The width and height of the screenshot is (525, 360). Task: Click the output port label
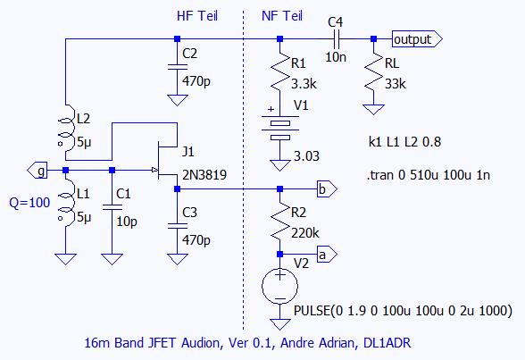[417, 39]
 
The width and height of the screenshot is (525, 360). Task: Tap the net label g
[37, 171]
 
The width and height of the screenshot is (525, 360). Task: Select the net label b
[327, 189]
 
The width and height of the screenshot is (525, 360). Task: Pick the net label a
[327, 255]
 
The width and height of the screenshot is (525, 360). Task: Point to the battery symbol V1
[280, 129]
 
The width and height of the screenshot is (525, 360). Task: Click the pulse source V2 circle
[280, 287]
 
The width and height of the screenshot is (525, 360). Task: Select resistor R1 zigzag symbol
[280, 71]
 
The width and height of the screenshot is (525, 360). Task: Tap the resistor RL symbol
[373, 71]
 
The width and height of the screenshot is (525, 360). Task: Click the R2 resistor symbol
[280, 221]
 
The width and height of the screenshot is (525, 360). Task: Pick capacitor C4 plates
[336, 39]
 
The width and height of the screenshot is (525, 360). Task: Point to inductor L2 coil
[66, 131]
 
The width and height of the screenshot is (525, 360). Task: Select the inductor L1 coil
[66, 203]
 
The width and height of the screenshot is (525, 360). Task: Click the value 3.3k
[304, 84]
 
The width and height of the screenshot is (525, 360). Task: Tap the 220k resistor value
[305, 233]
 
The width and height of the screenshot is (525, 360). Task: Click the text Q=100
[29, 203]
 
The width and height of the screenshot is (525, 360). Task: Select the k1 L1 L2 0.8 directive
[404, 142]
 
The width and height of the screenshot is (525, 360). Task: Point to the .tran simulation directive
[429, 175]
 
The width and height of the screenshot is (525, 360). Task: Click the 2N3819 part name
[204, 175]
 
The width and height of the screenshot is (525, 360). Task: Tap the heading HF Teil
[197, 16]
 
